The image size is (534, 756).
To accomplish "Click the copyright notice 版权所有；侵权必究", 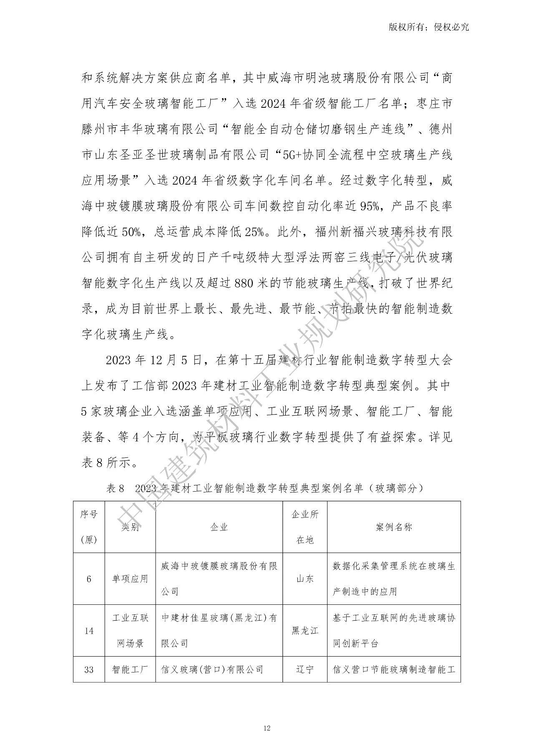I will pyautogui.click(x=428, y=27).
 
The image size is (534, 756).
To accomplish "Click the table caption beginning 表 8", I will pyautogui.click(x=264, y=488).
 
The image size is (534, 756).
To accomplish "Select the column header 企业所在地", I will pyautogui.click(x=305, y=527).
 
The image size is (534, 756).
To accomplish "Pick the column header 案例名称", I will pyautogui.click(x=393, y=527).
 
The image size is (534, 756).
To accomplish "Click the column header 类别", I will pyautogui.click(x=130, y=527).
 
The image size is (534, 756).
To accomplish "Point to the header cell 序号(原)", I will pyautogui.click(x=89, y=527).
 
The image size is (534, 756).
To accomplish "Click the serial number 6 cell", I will pyautogui.click(x=89, y=579).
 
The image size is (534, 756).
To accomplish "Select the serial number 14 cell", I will pyautogui.click(x=89, y=631).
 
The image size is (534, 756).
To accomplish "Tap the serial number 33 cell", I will pyautogui.click(x=89, y=670).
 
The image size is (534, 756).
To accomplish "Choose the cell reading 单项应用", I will pyautogui.click(x=130, y=579).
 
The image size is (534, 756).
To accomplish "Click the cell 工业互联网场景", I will pyautogui.click(x=130, y=631).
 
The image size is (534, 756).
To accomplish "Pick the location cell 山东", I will pyautogui.click(x=305, y=579).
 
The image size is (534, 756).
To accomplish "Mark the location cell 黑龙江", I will pyautogui.click(x=305, y=631).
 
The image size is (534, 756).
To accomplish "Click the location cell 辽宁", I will pyautogui.click(x=305, y=670).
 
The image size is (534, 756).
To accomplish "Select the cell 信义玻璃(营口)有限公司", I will pyautogui.click(x=212, y=670).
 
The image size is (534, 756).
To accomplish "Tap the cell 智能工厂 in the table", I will pyautogui.click(x=130, y=670).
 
